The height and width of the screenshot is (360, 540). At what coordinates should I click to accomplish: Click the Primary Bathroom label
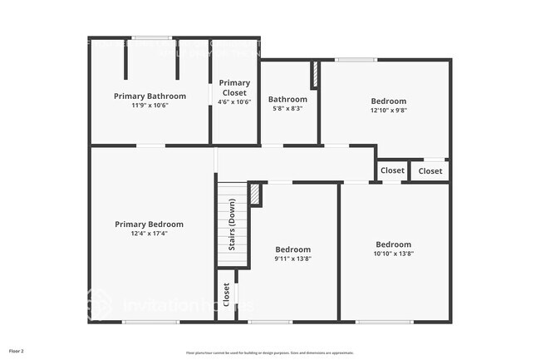pyautogui.click(x=150, y=96)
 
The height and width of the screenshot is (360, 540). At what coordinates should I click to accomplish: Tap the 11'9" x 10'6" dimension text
pyautogui.click(x=150, y=106)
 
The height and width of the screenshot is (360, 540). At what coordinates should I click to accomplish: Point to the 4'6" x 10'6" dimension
pyautogui.click(x=234, y=101)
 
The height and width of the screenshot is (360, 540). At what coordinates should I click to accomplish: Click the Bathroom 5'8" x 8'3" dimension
pyautogui.click(x=287, y=108)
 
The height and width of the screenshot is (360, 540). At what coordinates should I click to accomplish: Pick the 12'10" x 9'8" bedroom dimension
pyautogui.click(x=389, y=111)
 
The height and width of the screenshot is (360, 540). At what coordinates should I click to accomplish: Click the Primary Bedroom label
pyautogui.click(x=150, y=224)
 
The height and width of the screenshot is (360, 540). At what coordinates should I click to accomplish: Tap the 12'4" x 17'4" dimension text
pyautogui.click(x=150, y=234)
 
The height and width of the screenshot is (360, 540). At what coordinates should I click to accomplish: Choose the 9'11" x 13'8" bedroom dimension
pyautogui.click(x=293, y=259)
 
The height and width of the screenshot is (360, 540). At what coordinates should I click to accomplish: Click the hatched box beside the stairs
pyautogui.click(x=256, y=194)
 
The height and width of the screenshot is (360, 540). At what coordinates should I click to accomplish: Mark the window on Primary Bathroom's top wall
pyautogui.click(x=151, y=37)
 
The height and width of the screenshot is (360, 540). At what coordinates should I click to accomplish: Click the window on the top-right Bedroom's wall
pyautogui.click(x=356, y=59)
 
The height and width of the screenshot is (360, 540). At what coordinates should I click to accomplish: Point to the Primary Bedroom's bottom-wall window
pyautogui.click(x=150, y=322)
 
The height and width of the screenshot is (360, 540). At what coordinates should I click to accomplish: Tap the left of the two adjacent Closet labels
pyautogui.click(x=392, y=170)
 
